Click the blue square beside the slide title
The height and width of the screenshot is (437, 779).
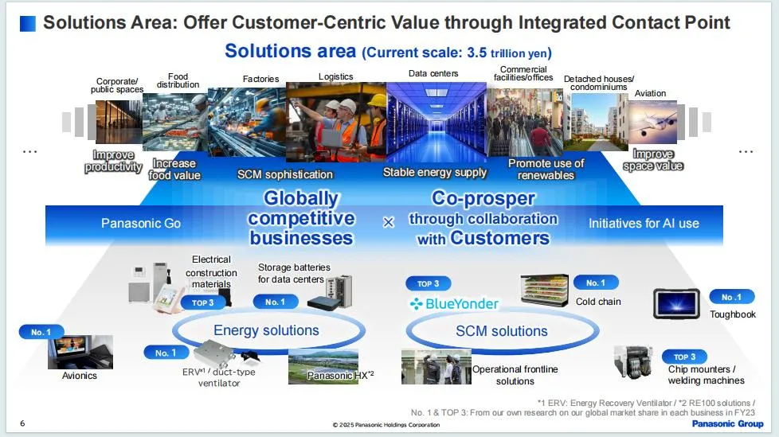pyautogui.click(x=28, y=23)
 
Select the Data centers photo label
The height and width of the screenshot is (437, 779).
pyautogui.click(x=433, y=73)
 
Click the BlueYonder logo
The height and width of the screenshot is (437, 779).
pyautogui.click(x=453, y=303)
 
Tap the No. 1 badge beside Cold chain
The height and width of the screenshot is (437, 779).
pyautogui.click(x=596, y=283)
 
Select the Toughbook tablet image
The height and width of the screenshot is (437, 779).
pyautogui.click(x=676, y=303)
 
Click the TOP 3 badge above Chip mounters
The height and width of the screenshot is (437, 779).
pyautogui.click(x=684, y=357)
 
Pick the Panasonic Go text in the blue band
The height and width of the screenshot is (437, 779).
pyautogui.click(x=141, y=224)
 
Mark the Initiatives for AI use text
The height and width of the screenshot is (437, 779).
pyautogui.click(x=644, y=224)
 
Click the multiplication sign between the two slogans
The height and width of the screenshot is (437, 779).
pyautogui.click(x=389, y=222)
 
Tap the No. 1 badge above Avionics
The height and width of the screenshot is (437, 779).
pyautogui.click(x=41, y=332)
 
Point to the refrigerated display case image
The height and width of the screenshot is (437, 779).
pyautogui.click(x=545, y=290)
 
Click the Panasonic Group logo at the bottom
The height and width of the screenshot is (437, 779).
pyautogui.click(x=727, y=423)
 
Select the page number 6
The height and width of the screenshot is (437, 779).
pyautogui.click(x=22, y=423)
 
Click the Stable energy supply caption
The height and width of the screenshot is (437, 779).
pyautogui.click(x=435, y=172)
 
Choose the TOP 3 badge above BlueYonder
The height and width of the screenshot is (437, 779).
pyautogui.click(x=428, y=283)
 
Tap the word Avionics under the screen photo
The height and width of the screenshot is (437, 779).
pyautogui.click(x=80, y=376)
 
